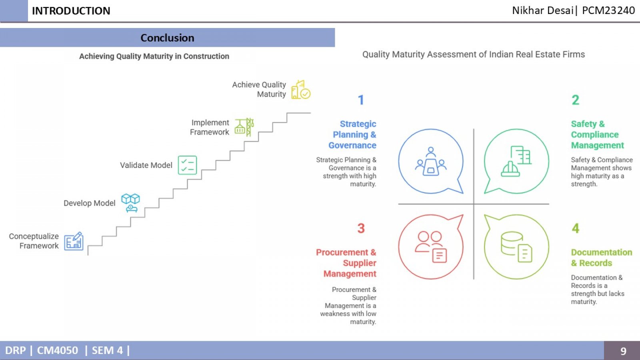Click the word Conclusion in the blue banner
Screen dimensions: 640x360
(x=167, y=38)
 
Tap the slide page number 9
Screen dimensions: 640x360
(x=623, y=351)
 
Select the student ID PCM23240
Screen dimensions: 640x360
(x=608, y=10)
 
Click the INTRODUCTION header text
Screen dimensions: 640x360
(x=71, y=11)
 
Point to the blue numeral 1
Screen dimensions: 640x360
(x=361, y=100)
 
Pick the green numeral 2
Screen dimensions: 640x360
(x=576, y=100)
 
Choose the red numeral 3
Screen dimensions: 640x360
(x=361, y=228)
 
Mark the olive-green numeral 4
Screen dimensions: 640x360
(x=576, y=228)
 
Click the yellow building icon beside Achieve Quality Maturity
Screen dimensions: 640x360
(x=301, y=90)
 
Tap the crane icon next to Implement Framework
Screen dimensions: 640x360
(x=244, y=127)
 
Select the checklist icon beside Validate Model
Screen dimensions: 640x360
(x=188, y=165)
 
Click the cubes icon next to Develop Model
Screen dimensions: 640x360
(x=130, y=203)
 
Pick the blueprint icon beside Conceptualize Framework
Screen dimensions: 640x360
(x=74, y=241)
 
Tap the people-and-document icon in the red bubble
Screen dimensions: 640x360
(x=430, y=246)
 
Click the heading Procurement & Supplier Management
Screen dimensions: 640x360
(x=346, y=263)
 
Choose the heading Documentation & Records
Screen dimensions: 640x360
(x=602, y=258)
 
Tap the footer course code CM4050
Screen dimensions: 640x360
(x=58, y=350)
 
